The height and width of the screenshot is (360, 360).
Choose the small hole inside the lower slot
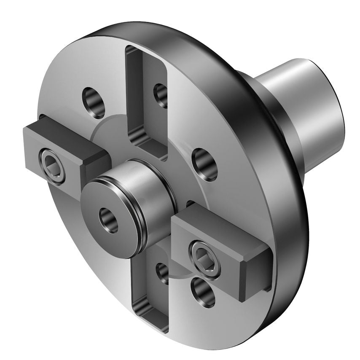[x=163, y=273]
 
